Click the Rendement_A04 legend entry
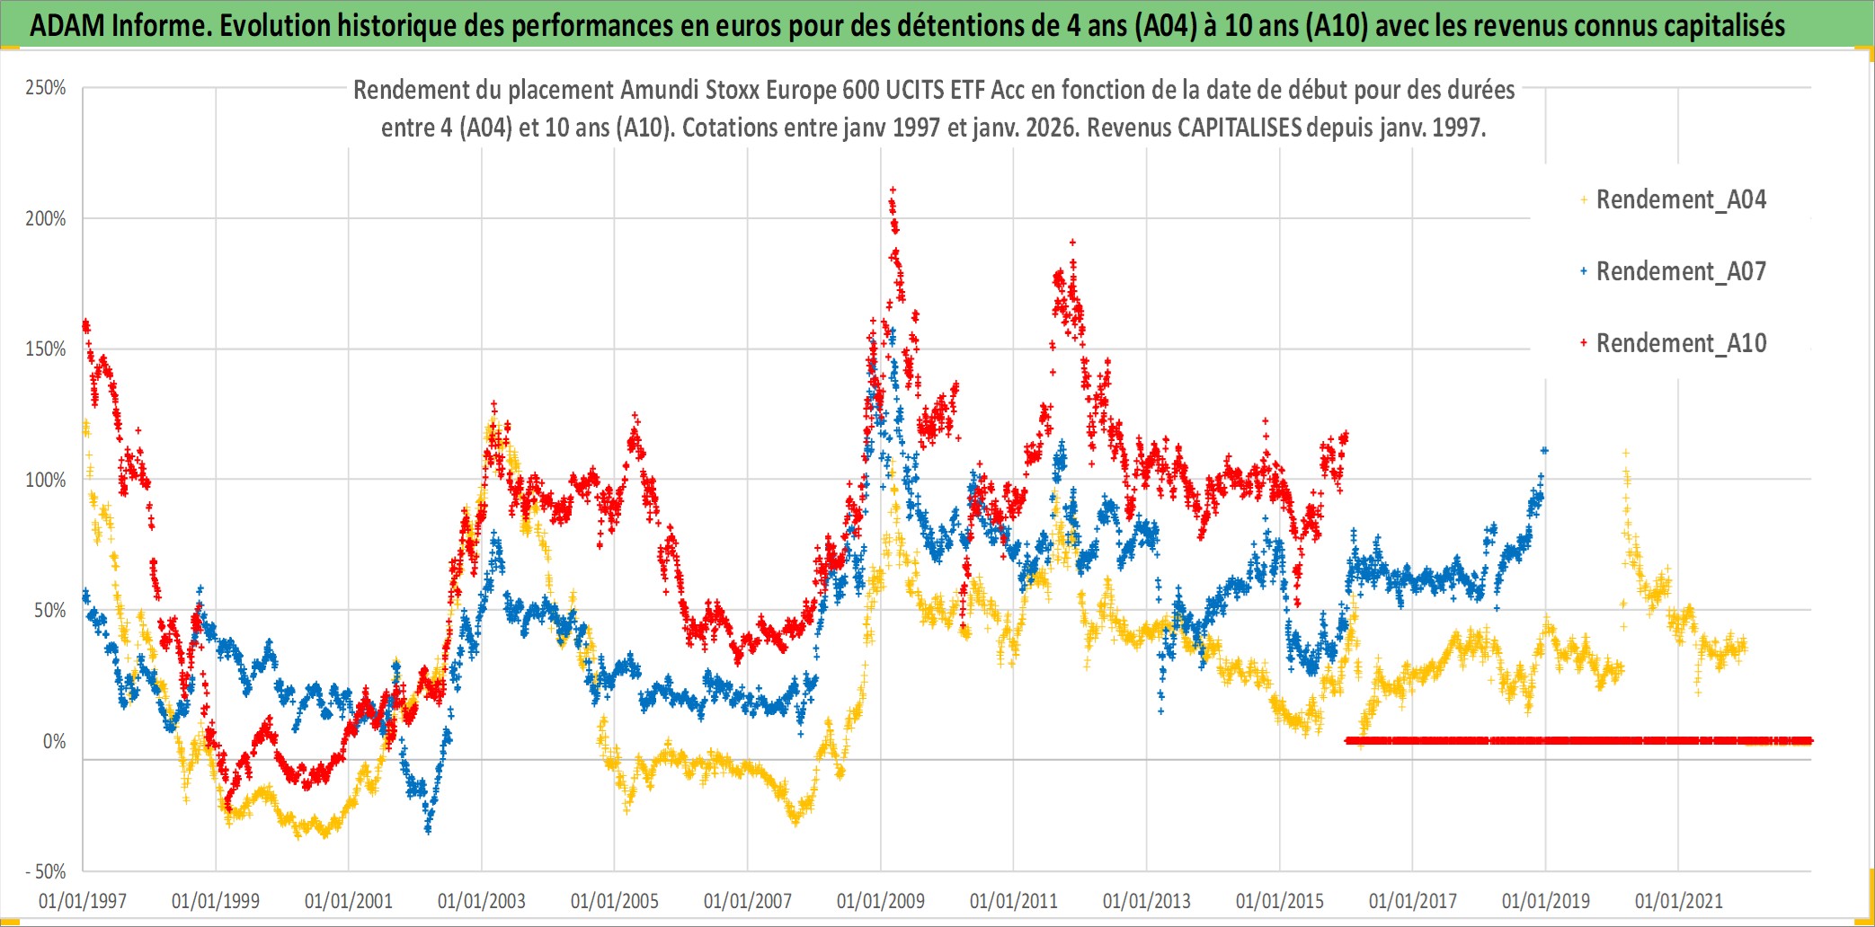[1680, 199]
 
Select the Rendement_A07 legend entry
[1680, 271]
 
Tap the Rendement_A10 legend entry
[1680, 343]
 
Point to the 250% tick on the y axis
[46, 88]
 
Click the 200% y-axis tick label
[46, 218]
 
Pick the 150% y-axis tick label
[46, 349]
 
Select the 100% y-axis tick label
[46, 480]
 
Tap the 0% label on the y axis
[54, 741]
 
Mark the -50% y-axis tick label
[46, 871]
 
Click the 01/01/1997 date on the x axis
[83, 901]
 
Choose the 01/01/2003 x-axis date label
[482, 901]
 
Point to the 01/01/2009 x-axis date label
[881, 901]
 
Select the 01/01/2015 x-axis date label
[1280, 901]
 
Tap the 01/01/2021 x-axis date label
[1679, 901]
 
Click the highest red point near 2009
[893, 190]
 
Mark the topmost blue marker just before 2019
[1544, 450]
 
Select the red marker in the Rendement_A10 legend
[1584, 343]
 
